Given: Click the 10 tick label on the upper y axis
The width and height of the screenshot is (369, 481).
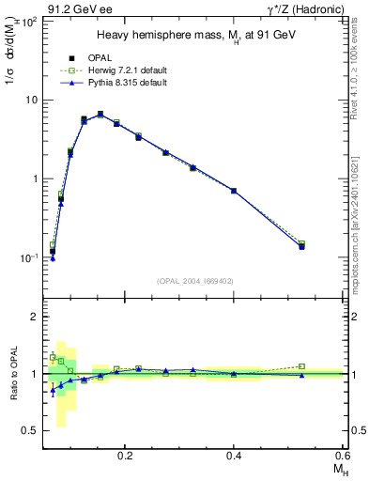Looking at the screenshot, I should click(x=32, y=100).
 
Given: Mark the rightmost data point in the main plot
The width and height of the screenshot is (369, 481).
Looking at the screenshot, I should click(x=301, y=246).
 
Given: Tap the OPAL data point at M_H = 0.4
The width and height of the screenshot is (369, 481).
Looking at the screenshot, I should click(x=234, y=191).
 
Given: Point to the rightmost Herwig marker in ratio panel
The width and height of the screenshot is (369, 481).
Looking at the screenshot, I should click(x=301, y=366).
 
